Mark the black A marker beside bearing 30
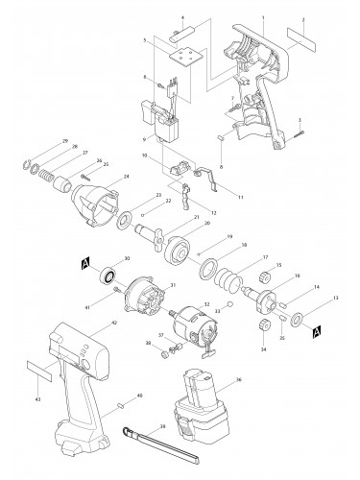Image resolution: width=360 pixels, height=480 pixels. [x=84, y=262]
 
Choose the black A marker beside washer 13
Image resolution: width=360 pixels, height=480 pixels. [x=317, y=331]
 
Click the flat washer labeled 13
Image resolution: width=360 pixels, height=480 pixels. [x=298, y=318]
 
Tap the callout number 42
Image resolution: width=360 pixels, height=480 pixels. [x=114, y=324]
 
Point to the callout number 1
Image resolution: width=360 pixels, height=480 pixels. [x=262, y=17]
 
